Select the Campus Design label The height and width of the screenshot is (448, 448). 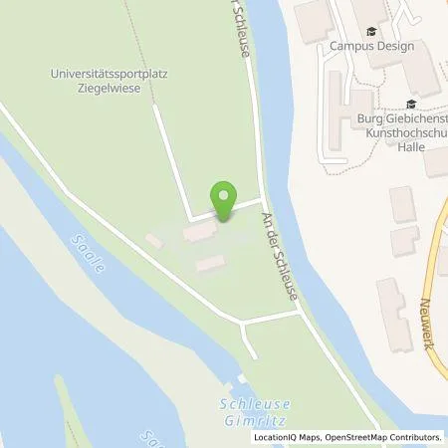[372, 47]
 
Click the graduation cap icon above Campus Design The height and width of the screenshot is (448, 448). [372, 32]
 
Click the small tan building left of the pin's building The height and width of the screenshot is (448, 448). [152, 240]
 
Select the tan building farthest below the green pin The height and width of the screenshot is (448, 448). [209, 263]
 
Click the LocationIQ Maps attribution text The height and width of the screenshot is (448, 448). [289, 437]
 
